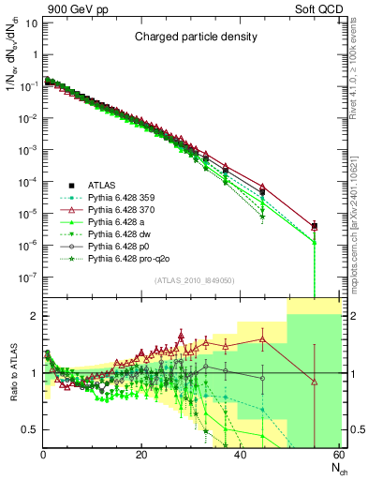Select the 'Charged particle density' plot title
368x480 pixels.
click(x=193, y=37)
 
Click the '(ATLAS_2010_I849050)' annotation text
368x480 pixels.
click(x=193, y=279)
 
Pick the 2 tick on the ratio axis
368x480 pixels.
click(x=34, y=316)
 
